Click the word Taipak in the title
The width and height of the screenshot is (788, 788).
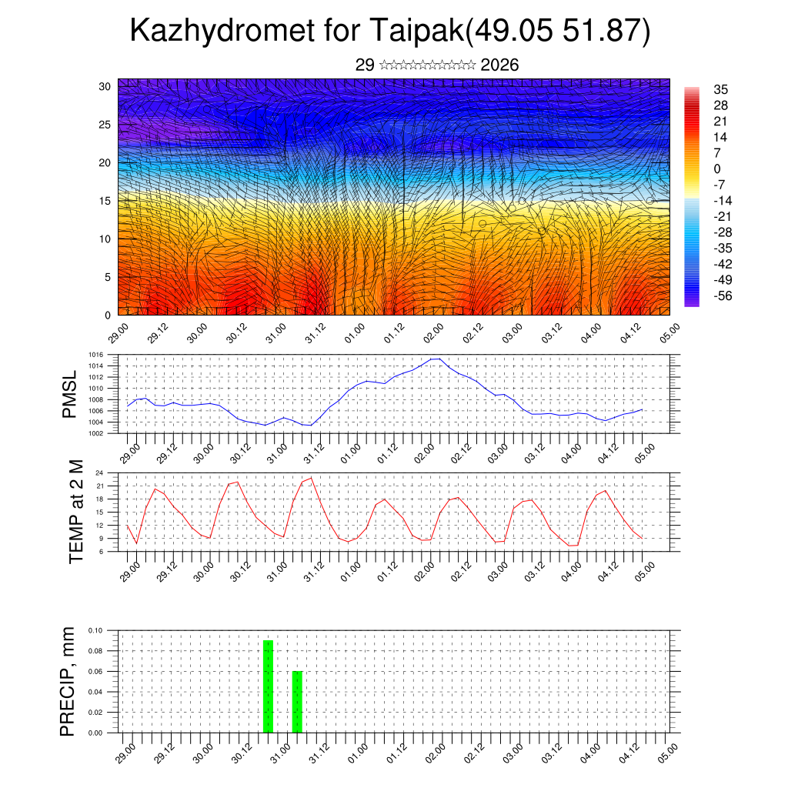(416, 31)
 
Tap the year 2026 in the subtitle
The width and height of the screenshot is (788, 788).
(499, 65)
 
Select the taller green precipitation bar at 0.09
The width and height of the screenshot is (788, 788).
(269, 686)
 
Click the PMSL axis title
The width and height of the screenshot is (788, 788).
(70, 394)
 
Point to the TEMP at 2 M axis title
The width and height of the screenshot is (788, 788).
(75, 511)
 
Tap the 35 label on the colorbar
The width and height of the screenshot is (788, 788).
(721, 89)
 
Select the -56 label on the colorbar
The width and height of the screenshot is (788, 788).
(723, 295)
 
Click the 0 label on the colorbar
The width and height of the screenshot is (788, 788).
(717, 169)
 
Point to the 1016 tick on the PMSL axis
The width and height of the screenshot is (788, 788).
(95, 355)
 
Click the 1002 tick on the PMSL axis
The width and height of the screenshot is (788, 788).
(95, 433)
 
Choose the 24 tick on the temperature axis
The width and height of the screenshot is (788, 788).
(100, 472)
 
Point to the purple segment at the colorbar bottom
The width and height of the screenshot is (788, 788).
(692, 303)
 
